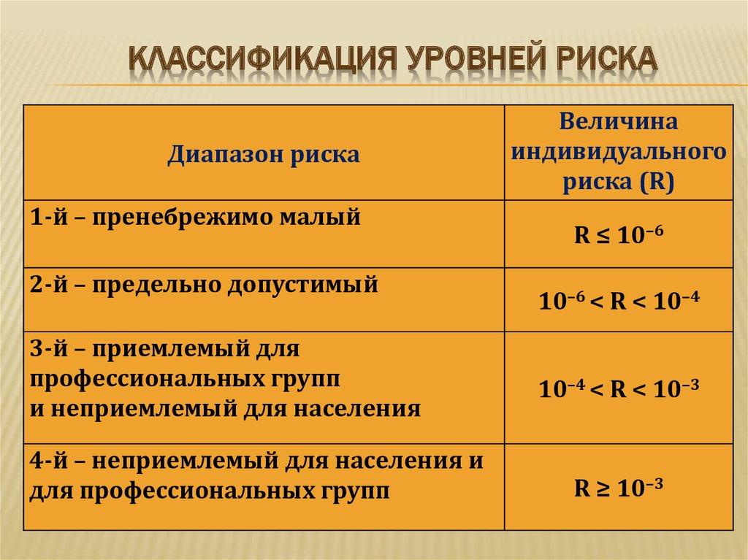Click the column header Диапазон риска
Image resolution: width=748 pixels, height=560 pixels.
264,155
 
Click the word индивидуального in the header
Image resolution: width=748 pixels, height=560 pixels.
619,152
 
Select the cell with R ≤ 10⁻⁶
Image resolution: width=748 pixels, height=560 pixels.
618,236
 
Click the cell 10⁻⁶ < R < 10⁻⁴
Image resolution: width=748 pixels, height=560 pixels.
619,301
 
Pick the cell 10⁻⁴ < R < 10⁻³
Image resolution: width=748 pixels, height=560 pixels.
619,389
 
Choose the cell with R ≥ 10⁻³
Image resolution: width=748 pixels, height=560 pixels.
618,488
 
